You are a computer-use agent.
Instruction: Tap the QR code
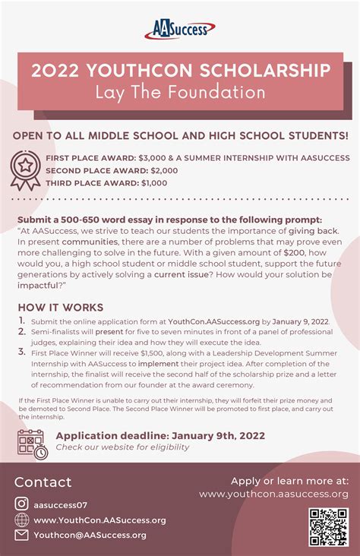click(x=328, y=527)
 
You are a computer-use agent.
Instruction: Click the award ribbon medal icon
click(x=26, y=170)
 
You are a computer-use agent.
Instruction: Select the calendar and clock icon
click(x=32, y=444)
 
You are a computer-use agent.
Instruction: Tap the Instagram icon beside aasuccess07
click(x=22, y=504)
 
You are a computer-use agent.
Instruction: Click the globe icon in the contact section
click(x=22, y=520)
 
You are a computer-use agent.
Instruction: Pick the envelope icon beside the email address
click(x=22, y=535)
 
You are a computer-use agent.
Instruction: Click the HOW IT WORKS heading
click(x=60, y=308)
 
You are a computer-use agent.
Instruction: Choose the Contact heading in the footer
click(x=43, y=482)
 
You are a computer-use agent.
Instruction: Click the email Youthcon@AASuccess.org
click(x=90, y=535)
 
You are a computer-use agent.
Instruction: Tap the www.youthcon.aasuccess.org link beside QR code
click(x=273, y=494)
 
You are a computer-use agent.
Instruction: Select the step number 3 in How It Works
click(x=21, y=352)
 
